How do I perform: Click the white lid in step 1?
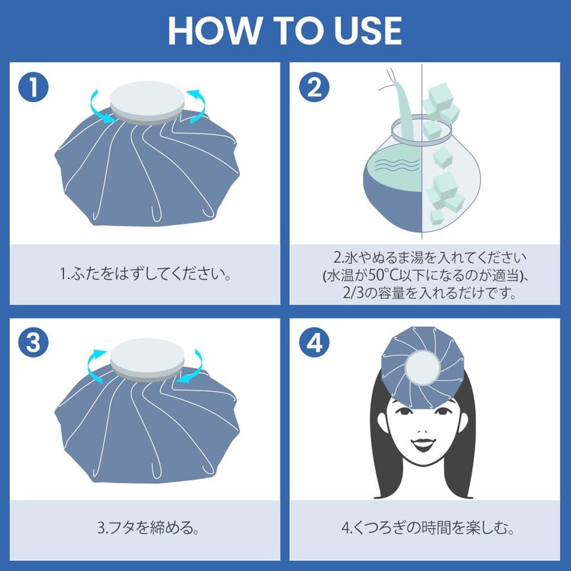click(x=146, y=99)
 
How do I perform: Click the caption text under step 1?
click(x=146, y=275)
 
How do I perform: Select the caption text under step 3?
click(x=146, y=530)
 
